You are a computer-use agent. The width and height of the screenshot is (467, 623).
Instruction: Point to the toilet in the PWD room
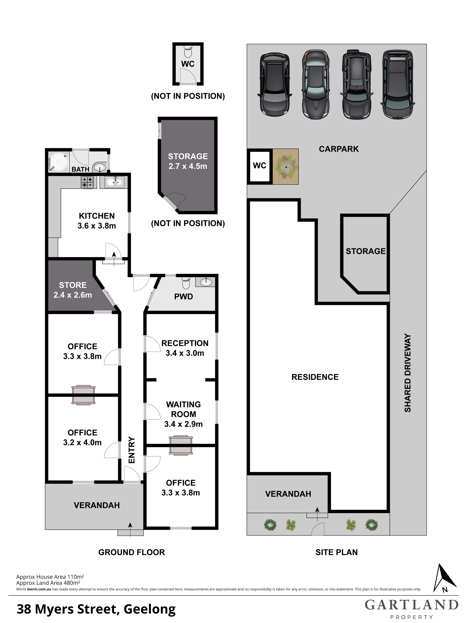coord(186,283)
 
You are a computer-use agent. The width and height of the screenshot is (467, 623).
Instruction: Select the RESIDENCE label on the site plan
coord(315,377)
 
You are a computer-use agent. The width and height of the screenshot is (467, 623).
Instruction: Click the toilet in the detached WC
coord(188,52)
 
